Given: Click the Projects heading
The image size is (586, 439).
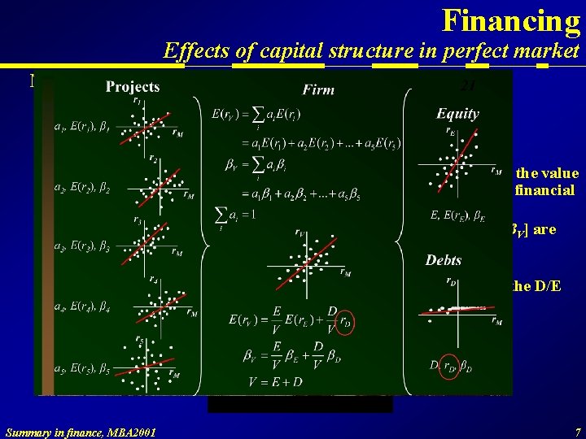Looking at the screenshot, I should pos(133,87).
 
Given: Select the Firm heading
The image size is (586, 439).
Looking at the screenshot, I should pos(318,89).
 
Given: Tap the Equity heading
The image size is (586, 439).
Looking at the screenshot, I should pos(457,114).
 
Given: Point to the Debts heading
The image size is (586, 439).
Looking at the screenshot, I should pos(444,260).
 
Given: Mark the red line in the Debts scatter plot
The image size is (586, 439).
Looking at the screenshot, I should pos(456,310).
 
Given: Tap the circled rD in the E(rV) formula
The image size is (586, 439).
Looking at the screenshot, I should pos(347,323).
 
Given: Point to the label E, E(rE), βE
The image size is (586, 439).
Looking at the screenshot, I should pos(458,215).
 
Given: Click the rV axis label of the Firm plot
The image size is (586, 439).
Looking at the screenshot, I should pos(300,233).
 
